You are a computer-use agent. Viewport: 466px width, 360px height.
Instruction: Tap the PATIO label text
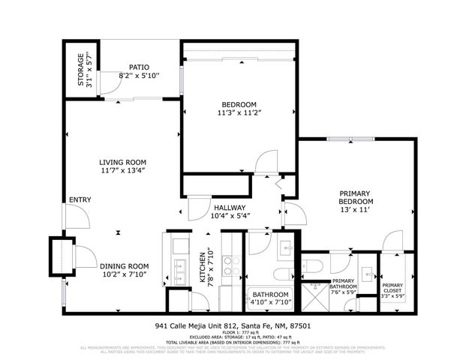coord(139,67)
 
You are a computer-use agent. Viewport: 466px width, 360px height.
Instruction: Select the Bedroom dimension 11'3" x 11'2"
coord(239,112)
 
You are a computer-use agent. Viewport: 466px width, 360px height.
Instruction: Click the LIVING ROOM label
coord(123,162)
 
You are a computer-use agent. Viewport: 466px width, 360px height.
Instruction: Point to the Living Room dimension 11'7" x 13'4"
coord(123,171)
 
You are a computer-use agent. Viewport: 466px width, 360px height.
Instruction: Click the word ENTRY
coord(80,200)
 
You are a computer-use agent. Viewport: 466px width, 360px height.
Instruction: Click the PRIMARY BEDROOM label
coord(355,197)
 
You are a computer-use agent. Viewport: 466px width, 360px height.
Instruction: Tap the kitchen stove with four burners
coord(231,267)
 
